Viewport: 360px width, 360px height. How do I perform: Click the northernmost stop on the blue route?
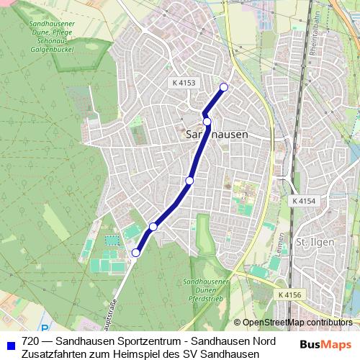point(223,87)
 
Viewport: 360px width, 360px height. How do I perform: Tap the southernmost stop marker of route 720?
point(135,252)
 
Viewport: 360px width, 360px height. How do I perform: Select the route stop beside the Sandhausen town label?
point(207,122)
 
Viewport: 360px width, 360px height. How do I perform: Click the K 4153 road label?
point(184,83)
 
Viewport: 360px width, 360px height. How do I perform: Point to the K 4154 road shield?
point(305,200)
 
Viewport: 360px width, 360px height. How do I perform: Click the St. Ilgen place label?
point(315,242)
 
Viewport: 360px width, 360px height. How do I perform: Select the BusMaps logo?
point(326,344)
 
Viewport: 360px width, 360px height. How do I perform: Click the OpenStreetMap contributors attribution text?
point(297,323)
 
